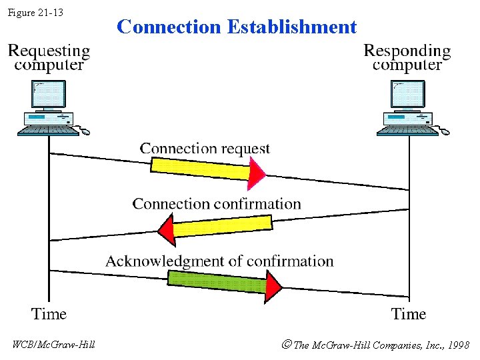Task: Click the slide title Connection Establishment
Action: tap(237, 27)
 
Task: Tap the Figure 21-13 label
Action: tap(36, 12)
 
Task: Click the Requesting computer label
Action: tap(49, 57)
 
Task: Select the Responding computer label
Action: tap(407, 57)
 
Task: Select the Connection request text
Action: tap(205, 149)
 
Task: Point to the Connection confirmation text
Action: tap(217, 204)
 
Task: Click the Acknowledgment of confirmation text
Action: tap(219, 261)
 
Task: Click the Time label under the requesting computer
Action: tap(49, 313)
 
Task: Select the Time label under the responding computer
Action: tap(408, 313)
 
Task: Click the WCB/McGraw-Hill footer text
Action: tap(54, 345)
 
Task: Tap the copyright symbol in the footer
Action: tap(286, 345)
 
